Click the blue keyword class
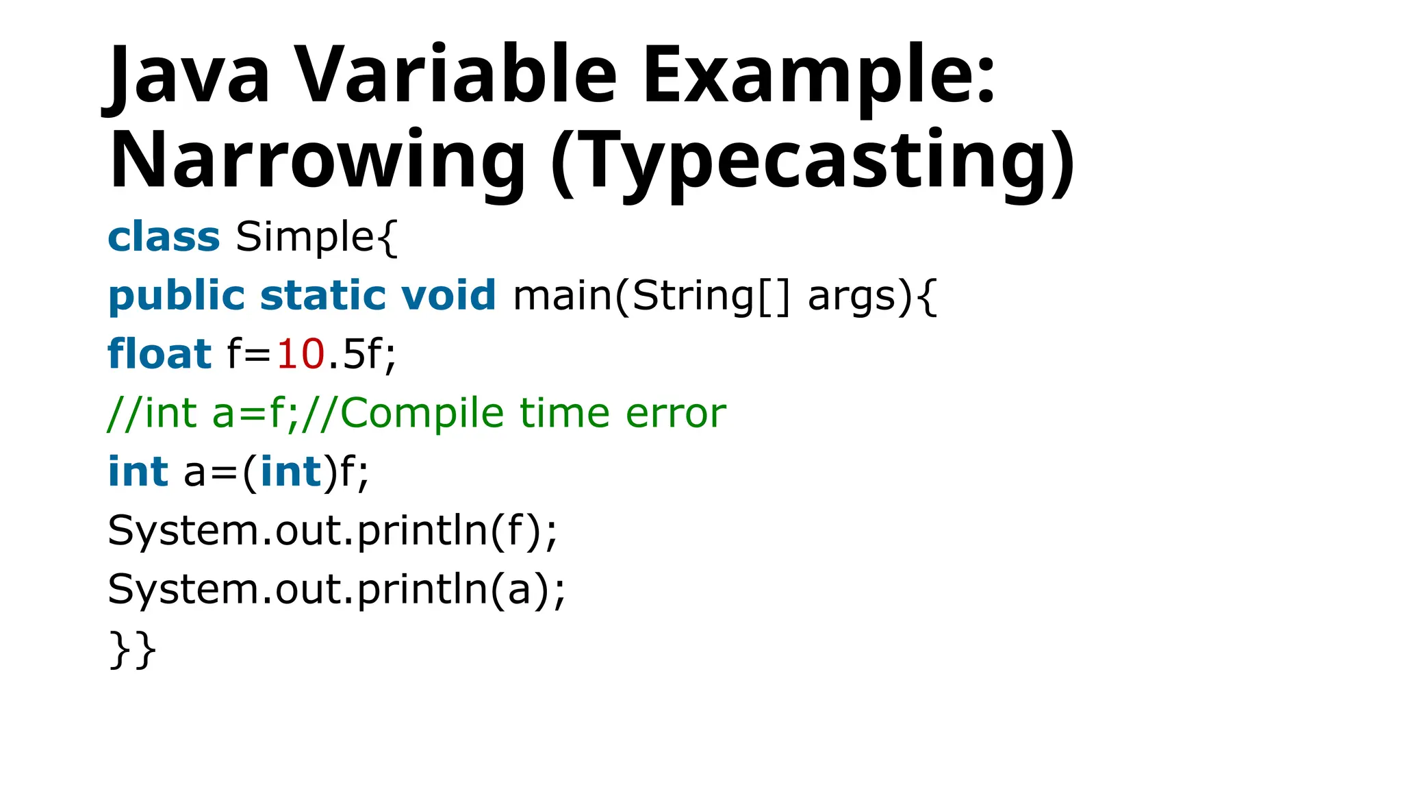pyautogui.click(x=164, y=237)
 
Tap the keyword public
pyautogui.click(x=177, y=296)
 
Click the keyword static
pyautogui.click(x=322, y=296)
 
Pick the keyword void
pyautogui.click(x=448, y=296)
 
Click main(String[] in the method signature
pyautogui.click(x=651, y=296)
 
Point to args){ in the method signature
pyautogui.click(x=872, y=296)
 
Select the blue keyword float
pyautogui.click(x=160, y=355)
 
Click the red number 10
pyautogui.click(x=300, y=355)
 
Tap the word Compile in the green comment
pyautogui.click(x=422, y=414)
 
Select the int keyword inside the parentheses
pyautogui.click(x=291, y=472)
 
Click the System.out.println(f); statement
pyautogui.click(x=333, y=531)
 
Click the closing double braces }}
pyautogui.click(x=133, y=649)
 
